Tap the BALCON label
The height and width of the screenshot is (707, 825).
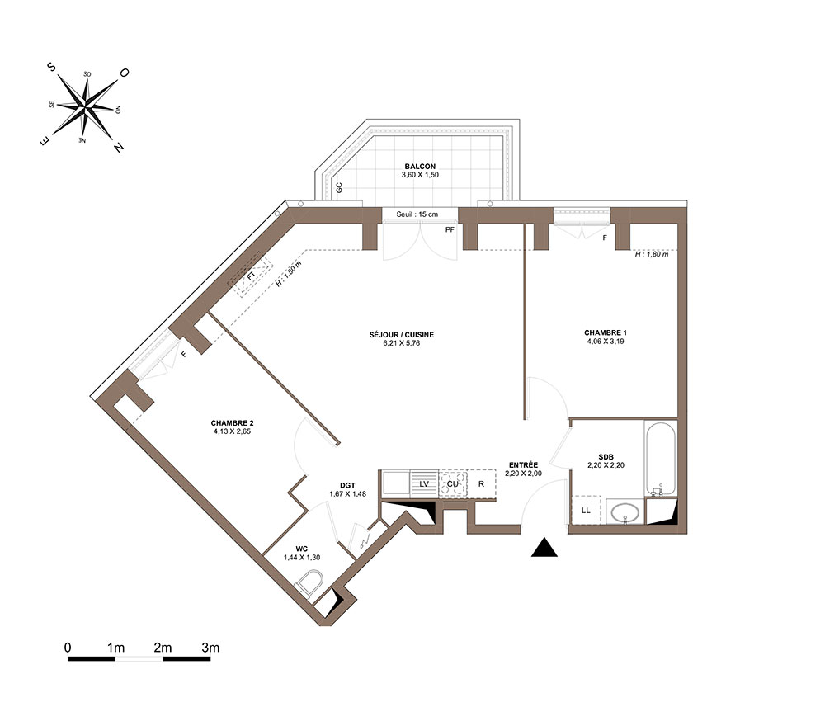(x=420, y=166)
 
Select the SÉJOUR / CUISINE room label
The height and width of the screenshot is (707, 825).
(x=402, y=335)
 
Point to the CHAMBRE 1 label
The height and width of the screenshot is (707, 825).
(x=605, y=332)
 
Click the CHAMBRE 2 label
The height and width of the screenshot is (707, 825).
(x=232, y=423)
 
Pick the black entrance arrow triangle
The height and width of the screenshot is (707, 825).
(x=544, y=548)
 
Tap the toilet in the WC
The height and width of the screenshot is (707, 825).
(x=309, y=585)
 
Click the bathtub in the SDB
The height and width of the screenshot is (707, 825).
(x=660, y=458)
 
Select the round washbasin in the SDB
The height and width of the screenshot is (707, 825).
(x=625, y=511)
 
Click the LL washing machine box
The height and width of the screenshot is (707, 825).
(x=586, y=510)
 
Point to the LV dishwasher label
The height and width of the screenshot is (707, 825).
(x=424, y=484)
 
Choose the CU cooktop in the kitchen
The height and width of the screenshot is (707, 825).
(x=452, y=483)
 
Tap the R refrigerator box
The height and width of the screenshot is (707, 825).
(x=482, y=483)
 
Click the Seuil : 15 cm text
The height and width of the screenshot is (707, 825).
(x=417, y=214)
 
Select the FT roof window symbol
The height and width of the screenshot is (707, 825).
(x=251, y=275)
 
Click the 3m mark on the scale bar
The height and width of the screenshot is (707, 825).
(x=210, y=648)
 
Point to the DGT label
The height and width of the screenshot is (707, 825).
(x=347, y=486)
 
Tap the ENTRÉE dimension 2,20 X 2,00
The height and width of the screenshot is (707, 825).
(x=523, y=474)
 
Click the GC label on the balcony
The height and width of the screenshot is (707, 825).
(x=339, y=187)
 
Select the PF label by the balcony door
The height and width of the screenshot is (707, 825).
(x=450, y=230)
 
